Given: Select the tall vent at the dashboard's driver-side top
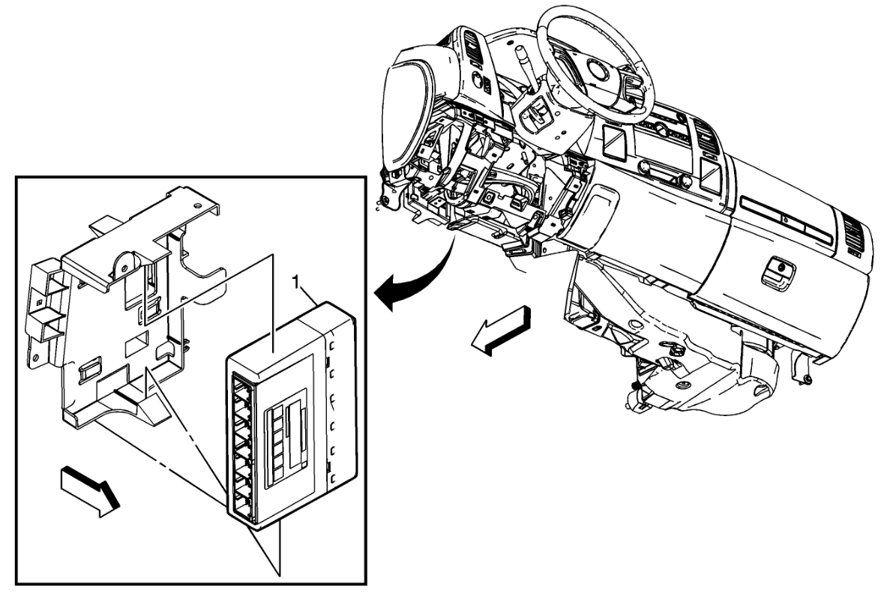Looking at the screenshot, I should click(x=474, y=45).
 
